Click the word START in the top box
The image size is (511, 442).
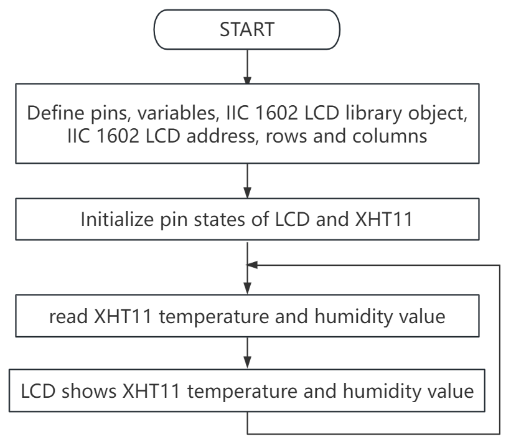(247, 30)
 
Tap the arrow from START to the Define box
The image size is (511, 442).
(247, 67)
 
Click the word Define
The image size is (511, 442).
(55, 113)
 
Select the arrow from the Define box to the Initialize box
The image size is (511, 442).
(247, 181)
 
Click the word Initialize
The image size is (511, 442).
(117, 219)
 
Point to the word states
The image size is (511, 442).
(219, 219)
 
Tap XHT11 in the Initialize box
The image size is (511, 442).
(384, 219)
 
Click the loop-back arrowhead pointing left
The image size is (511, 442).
(251, 265)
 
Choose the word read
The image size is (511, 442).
(68, 316)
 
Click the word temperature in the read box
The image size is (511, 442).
(213, 317)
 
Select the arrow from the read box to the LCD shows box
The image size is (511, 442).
(247, 353)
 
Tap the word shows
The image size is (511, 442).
(88, 391)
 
